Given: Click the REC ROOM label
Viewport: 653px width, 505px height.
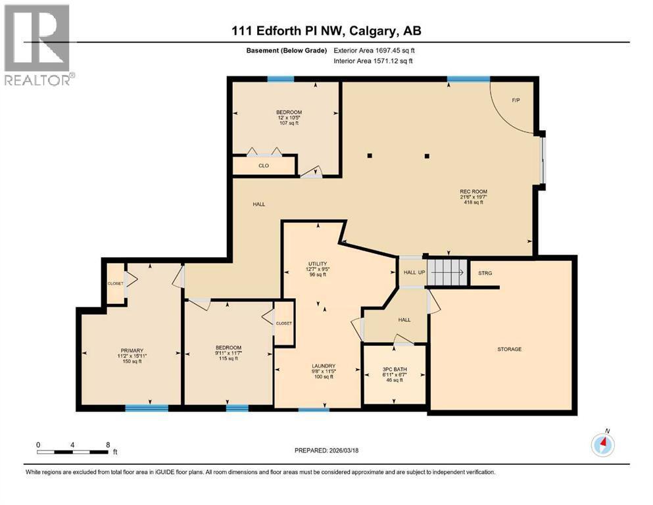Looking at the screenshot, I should [473, 191].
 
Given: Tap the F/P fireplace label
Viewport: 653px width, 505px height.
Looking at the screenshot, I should [516, 100].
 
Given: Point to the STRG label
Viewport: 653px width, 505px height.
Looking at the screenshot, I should [485, 273].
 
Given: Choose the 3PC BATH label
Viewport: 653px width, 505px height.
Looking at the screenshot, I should [395, 370].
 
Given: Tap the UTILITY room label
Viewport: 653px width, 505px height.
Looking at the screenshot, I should [318, 264].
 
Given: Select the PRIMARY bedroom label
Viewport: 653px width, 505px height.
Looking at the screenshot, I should [132, 350].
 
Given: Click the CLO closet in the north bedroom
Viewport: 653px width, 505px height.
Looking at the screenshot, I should [264, 166].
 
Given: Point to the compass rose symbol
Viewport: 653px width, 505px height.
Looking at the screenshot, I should [602, 445].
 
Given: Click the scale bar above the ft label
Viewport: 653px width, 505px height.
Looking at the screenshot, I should [73, 452].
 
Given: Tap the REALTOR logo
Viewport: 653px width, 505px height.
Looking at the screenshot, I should [37, 45].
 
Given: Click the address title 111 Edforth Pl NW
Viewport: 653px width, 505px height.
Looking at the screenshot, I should [326, 30].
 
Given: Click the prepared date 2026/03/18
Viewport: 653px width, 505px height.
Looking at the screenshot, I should [328, 450].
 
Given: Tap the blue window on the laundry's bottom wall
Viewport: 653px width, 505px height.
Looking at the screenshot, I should [314, 410].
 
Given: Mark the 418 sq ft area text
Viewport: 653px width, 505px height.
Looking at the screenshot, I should [473, 203].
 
